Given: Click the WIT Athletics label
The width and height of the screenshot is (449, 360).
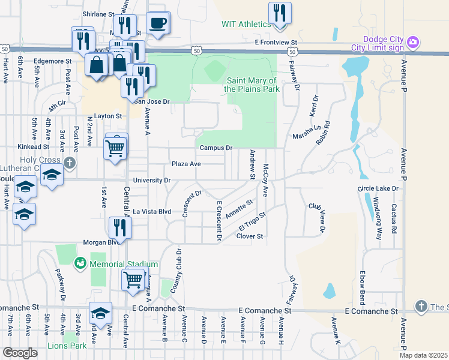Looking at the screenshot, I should click(246, 24).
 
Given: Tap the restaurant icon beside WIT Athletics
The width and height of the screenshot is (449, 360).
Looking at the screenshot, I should click(280, 13).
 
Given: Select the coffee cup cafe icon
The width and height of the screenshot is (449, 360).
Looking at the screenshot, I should click(158, 23).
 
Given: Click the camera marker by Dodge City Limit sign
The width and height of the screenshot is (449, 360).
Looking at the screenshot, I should click(412, 42).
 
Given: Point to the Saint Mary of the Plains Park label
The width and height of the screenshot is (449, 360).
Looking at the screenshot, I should click(252, 85).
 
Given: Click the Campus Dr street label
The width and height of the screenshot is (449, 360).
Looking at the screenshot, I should click(216, 148).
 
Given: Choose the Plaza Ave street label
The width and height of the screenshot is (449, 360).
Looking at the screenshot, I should click(186, 164).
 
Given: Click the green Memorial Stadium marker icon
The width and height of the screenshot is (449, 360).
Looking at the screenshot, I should click(80, 263).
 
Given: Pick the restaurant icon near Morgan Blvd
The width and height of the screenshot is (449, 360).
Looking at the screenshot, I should click(119, 227).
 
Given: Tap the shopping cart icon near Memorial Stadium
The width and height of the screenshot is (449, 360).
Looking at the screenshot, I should click(133, 279).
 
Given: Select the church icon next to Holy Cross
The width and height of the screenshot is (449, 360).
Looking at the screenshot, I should click(70, 163).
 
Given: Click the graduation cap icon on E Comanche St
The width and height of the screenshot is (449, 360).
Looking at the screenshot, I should click(100, 313).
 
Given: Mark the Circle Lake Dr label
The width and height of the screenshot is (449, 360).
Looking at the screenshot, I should click(378, 188).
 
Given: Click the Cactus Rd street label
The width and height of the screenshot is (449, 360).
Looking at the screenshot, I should click(394, 220).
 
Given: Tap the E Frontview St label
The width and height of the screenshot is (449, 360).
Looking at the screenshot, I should click(276, 43).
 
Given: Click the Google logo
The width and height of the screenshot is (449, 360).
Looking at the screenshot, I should click(20, 353).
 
